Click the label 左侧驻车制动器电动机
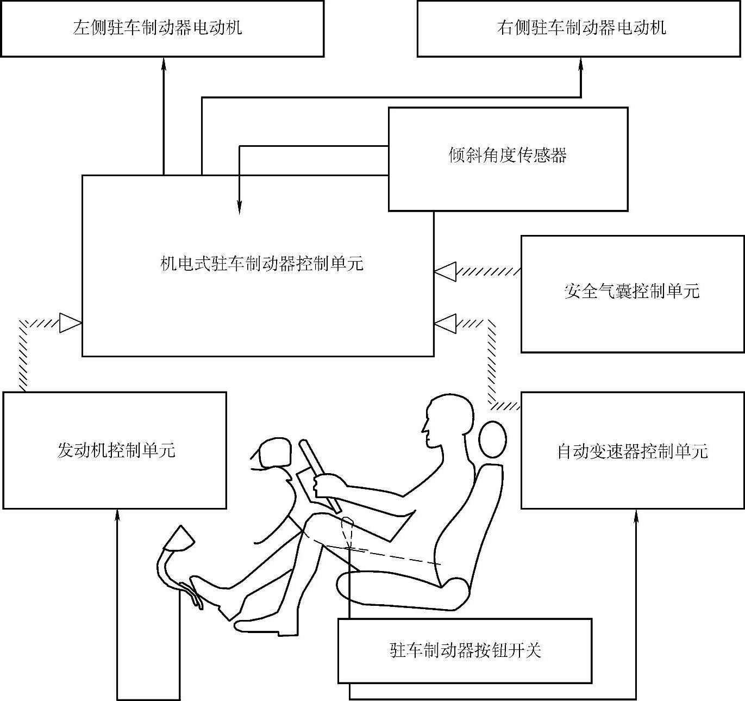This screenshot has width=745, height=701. (158, 28)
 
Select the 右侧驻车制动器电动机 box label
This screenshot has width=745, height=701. (581, 28)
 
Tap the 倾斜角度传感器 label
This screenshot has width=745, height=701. (508, 156)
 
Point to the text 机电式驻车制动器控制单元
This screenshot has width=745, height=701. (262, 264)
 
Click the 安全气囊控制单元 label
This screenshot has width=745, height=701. (631, 291)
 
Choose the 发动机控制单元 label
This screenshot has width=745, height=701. (116, 450)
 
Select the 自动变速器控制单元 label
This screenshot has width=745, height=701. (632, 451)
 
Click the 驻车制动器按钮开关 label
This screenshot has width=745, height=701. (466, 650)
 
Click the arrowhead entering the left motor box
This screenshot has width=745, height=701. (164, 64)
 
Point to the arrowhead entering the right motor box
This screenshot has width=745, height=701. (581, 64)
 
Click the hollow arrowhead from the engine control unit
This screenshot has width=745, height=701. (71, 322)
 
